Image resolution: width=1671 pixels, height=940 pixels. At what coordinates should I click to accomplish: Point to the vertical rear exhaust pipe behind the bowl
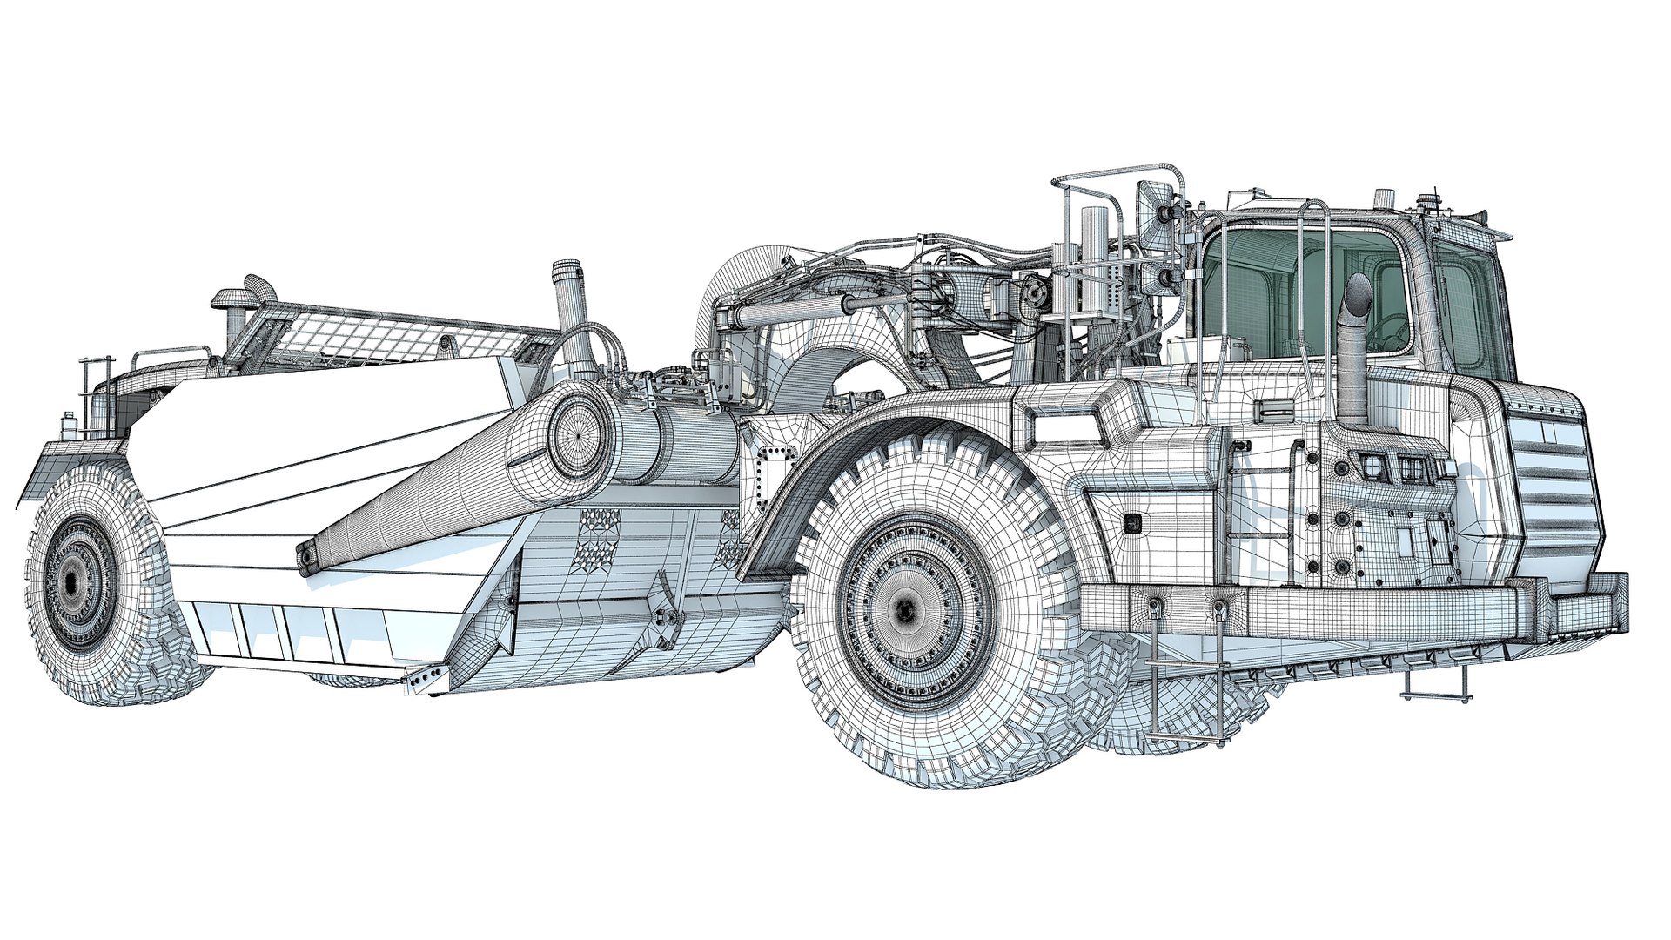pyautogui.click(x=569, y=305)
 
